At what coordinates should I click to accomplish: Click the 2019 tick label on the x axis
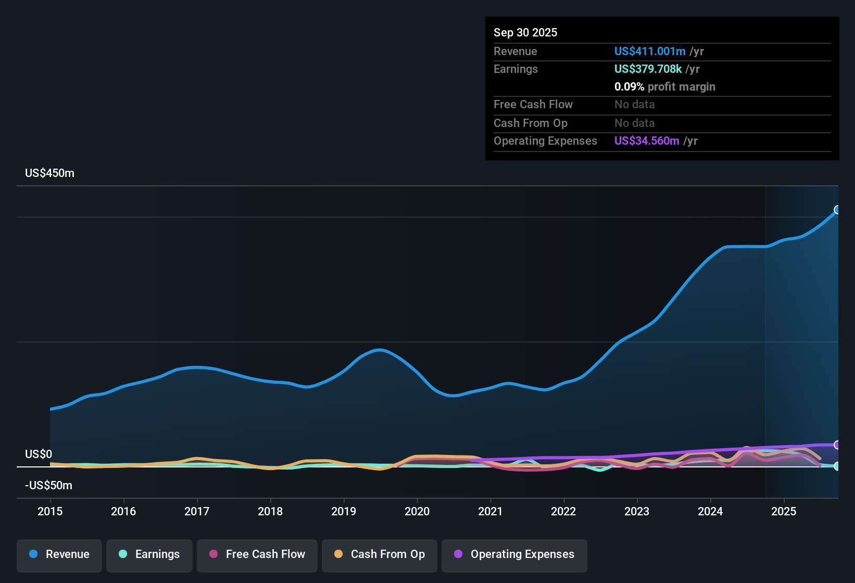click(x=344, y=511)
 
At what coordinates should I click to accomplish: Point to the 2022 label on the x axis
click(x=563, y=511)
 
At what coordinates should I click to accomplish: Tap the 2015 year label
click(x=50, y=511)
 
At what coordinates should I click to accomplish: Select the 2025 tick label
click(x=784, y=511)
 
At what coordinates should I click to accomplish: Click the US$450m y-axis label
click(x=49, y=173)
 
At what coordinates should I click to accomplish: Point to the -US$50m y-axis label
click(x=48, y=485)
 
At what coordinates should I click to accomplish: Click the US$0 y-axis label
click(x=39, y=454)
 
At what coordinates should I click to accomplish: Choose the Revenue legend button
click(x=59, y=554)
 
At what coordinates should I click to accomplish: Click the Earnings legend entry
click(x=149, y=554)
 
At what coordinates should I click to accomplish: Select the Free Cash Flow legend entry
click(x=257, y=554)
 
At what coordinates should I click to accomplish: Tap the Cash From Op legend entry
click(x=380, y=554)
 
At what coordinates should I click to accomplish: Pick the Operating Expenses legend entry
click(x=514, y=554)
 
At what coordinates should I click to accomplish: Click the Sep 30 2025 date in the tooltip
click(x=525, y=32)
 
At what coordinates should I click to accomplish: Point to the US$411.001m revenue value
click(x=649, y=51)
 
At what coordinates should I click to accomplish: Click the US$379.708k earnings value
click(x=648, y=69)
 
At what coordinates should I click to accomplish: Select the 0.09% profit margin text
click(x=664, y=86)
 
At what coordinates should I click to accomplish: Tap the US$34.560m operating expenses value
click(x=646, y=141)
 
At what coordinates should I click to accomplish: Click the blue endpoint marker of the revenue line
click(x=837, y=210)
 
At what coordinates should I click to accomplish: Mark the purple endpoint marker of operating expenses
click(x=837, y=445)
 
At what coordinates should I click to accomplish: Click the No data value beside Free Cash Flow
click(x=634, y=104)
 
